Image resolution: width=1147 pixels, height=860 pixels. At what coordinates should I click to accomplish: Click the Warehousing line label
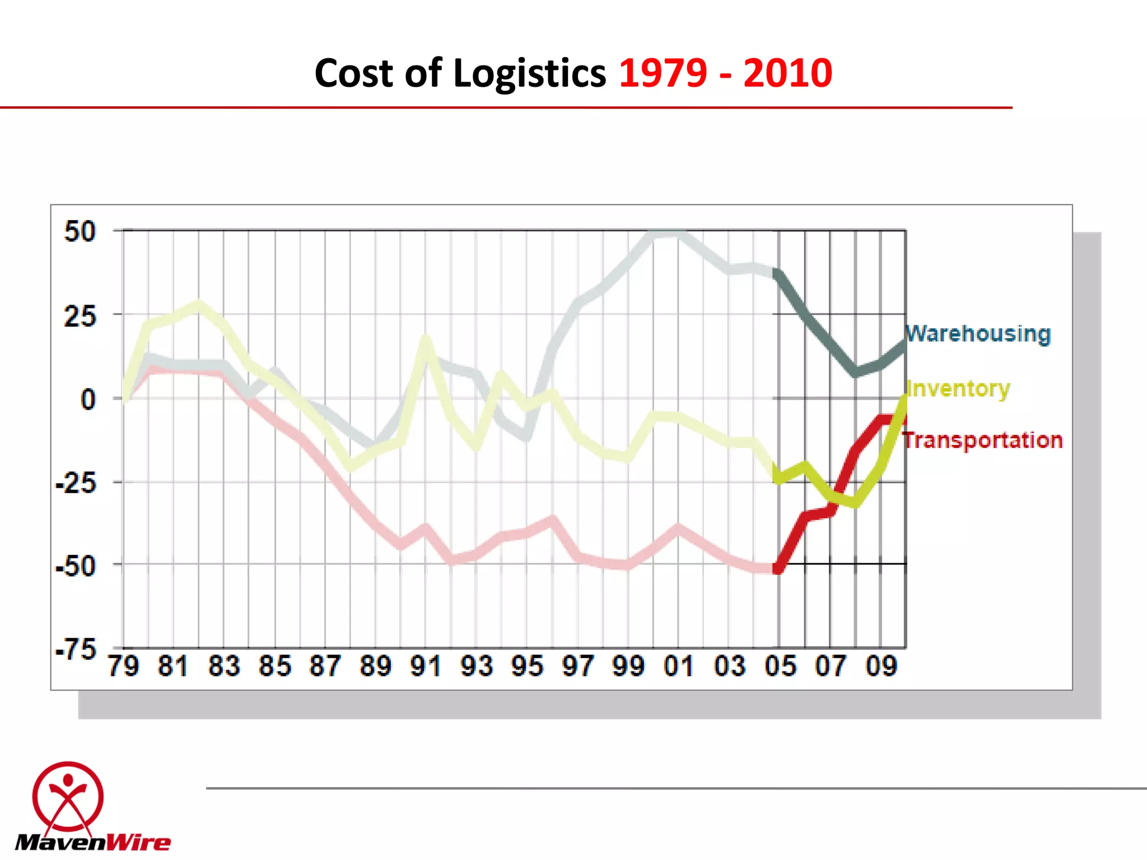point(978,334)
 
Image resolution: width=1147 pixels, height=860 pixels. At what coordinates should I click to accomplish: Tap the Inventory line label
point(958,388)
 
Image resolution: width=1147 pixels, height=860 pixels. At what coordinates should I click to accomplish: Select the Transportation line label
point(983,440)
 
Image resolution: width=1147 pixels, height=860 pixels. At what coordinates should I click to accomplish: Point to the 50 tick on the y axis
point(80,232)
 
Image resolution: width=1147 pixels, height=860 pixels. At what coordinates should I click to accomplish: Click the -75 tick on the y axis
point(76,649)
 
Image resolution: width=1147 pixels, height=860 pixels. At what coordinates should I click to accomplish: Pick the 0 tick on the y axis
point(88,400)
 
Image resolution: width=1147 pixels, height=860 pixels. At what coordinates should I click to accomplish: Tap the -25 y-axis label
point(76,483)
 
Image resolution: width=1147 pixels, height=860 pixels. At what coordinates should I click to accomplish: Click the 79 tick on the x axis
point(123,666)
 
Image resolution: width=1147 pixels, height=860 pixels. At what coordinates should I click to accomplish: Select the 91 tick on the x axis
point(426,666)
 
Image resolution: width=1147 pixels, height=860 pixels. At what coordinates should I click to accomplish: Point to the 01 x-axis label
point(679,666)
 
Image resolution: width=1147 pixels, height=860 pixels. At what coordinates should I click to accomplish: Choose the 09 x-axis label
point(881,666)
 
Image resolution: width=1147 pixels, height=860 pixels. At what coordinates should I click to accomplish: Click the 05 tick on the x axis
point(780,666)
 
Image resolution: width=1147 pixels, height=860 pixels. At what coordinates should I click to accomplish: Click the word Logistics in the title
point(529,73)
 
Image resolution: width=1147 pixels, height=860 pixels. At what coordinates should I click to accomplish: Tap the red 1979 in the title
point(663,73)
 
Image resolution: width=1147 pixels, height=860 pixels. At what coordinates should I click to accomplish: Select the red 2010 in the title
point(787,73)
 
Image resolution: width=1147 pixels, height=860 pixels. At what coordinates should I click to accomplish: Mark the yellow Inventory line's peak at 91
point(426,339)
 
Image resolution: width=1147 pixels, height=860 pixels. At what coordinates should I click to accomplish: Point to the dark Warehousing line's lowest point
point(856,372)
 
